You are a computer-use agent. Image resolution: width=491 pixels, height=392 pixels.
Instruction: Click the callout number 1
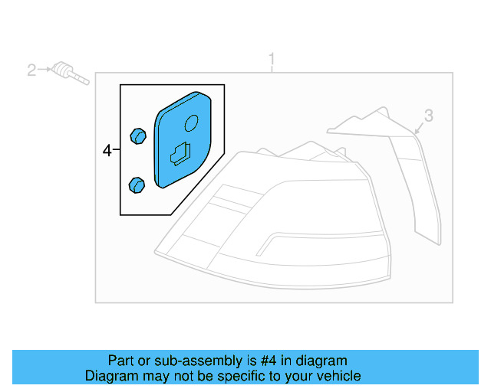click(272, 60)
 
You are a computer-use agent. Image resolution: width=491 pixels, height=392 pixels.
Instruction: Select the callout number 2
click(31, 70)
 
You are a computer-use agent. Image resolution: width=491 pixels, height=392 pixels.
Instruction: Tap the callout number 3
click(429, 116)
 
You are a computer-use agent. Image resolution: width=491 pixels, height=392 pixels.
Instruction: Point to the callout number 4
click(107, 152)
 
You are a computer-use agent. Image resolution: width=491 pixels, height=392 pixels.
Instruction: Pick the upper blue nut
click(137, 136)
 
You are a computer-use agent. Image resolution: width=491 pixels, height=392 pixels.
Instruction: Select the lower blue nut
click(137, 185)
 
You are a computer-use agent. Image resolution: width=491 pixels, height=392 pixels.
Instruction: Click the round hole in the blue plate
click(192, 122)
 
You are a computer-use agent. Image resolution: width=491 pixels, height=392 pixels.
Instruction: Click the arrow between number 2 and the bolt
click(44, 70)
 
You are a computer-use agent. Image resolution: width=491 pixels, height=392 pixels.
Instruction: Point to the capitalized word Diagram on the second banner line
click(109, 376)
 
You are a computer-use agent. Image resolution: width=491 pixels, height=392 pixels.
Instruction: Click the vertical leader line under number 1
click(272, 70)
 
